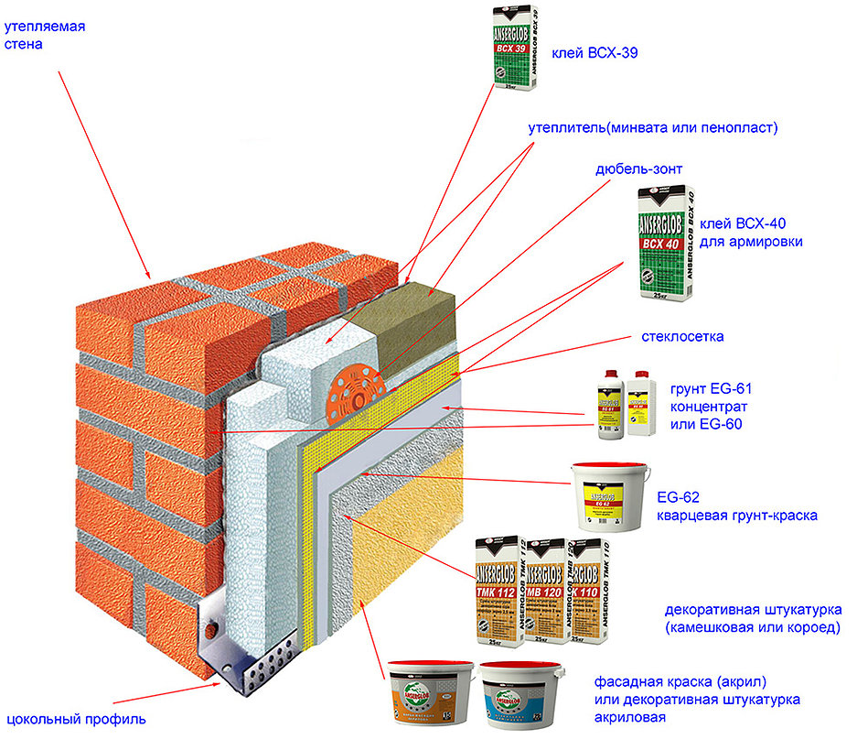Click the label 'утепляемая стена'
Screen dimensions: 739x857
click(x=44, y=35)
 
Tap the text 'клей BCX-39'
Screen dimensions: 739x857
click(x=594, y=54)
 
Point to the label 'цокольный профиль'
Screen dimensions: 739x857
click(x=75, y=716)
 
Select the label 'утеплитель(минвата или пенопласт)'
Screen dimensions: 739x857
click(x=653, y=128)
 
